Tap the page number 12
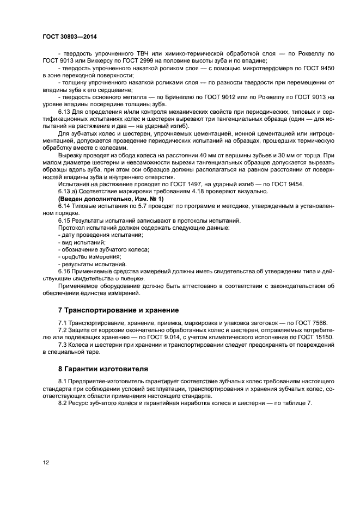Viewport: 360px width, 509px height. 46,462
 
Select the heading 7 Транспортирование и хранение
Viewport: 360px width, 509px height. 118,310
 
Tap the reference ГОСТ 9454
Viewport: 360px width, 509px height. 288,184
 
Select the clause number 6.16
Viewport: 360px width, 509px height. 64,271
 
